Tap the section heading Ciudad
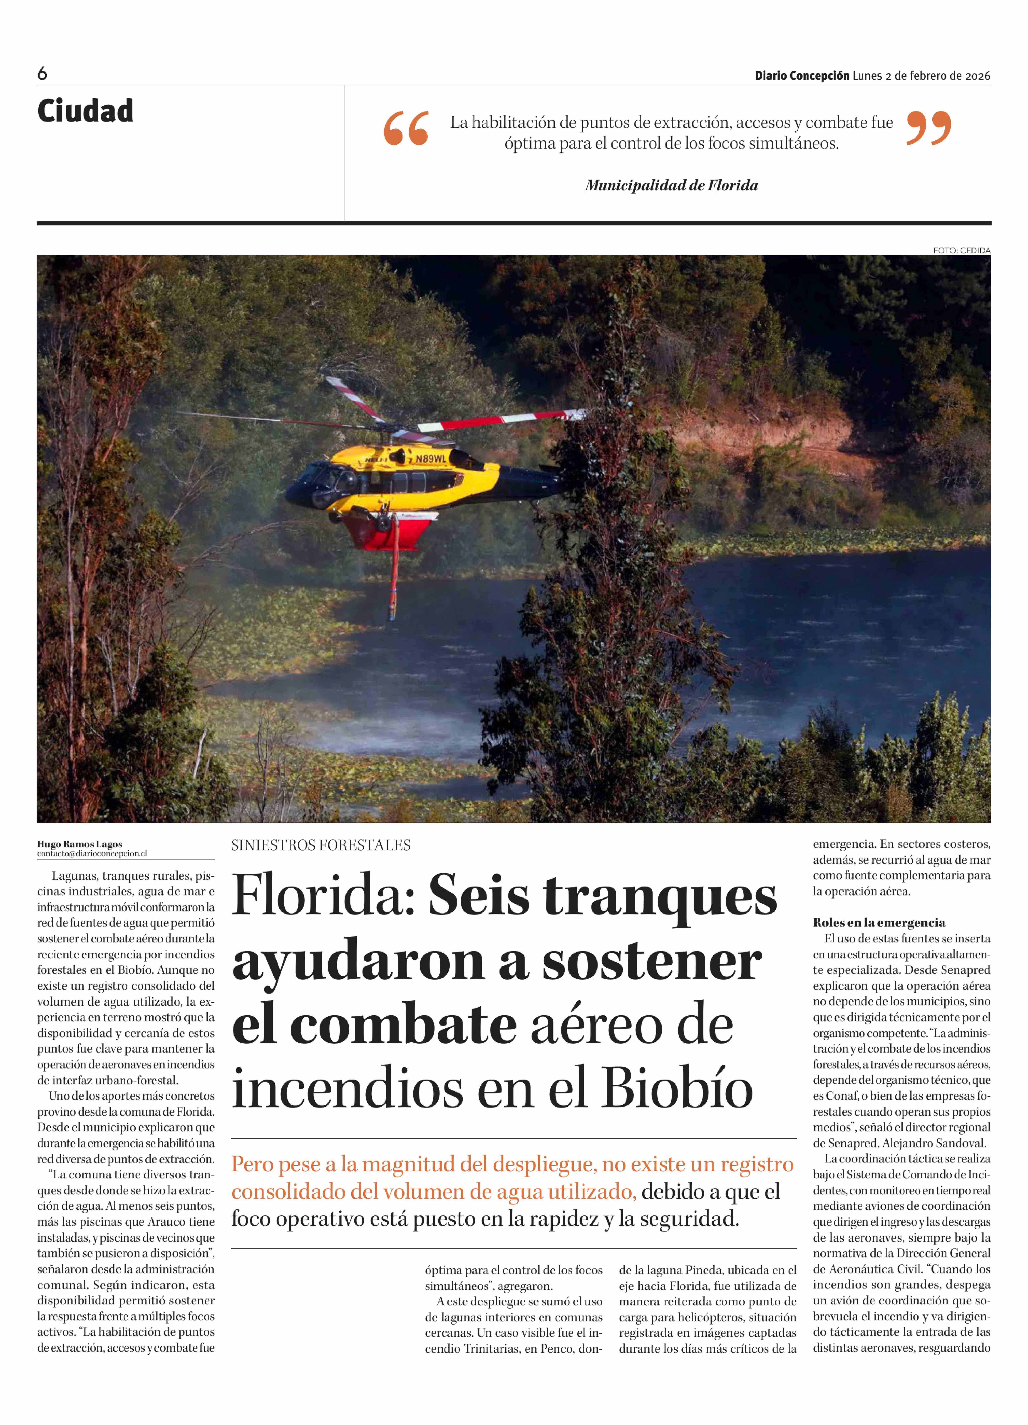click(x=85, y=111)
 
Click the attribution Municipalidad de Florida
click(x=671, y=185)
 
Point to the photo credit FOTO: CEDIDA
click(x=961, y=250)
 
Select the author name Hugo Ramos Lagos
click(x=80, y=844)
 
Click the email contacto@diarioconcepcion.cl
click(x=92, y=853)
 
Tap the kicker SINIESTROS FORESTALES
click(x=320, y=845)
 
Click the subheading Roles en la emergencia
click(x=878, y=922)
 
